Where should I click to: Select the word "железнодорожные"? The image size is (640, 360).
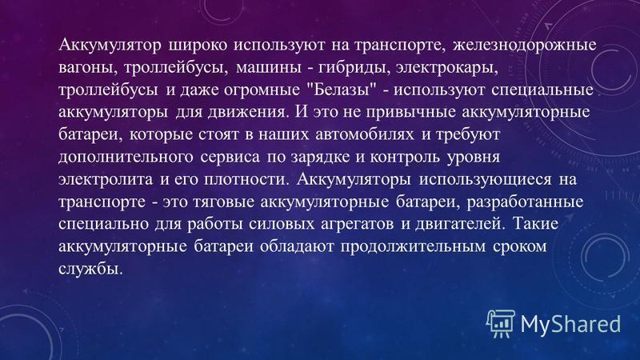[x=525, y=46]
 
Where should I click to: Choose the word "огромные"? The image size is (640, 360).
[x=262, y=90]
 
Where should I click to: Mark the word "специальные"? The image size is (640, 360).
[x=542, y=90]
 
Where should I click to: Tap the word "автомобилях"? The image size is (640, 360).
[x=365, y=134]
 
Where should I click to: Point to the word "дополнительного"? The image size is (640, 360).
[x=126, y=157]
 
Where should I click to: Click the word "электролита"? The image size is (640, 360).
[x=106, y=179]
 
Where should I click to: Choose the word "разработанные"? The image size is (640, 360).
[x=526, y=202]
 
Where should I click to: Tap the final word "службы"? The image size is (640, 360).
[x=90, y=268]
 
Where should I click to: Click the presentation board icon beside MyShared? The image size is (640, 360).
[x=501, y=323]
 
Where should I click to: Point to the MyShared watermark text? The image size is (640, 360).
[x=570, y=324]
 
